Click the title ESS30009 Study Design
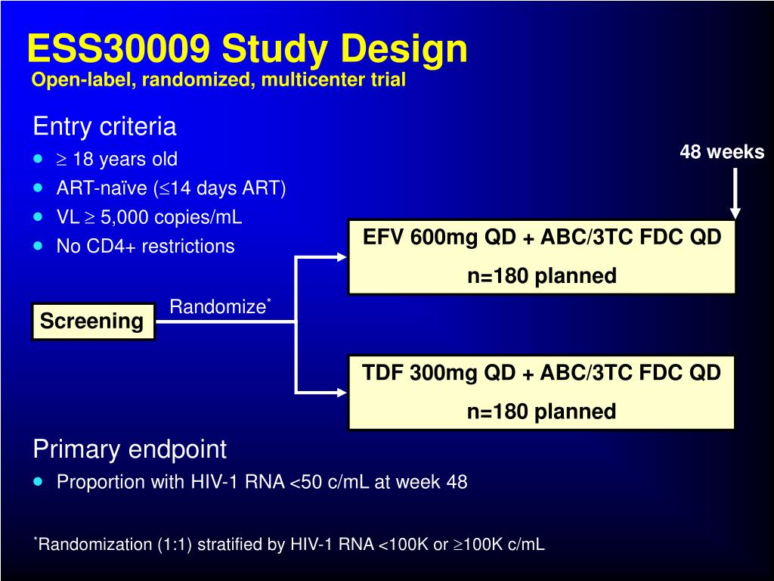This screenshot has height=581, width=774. (x=247, y=49)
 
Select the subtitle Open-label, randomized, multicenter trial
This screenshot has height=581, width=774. (x=218, y=79)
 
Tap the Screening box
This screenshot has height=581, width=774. (x=92, y=322)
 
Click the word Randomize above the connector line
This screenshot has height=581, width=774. (x=217, y=306)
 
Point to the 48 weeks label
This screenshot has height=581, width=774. (x=722, y=152)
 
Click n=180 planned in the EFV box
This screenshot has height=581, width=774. (x=542, y=276)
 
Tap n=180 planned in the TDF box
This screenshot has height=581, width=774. (x=541, y=412)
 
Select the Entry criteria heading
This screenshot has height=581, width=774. (x=104, y=126)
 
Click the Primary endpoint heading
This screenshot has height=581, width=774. (x=129, y=449)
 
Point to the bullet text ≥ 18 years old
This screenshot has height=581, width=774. (x=117, y=159)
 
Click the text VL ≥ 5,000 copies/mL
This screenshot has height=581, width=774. (x=150, y=217)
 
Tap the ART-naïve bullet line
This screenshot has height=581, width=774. (x=171, y=188)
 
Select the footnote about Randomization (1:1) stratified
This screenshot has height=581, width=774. (x=291, y=544)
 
